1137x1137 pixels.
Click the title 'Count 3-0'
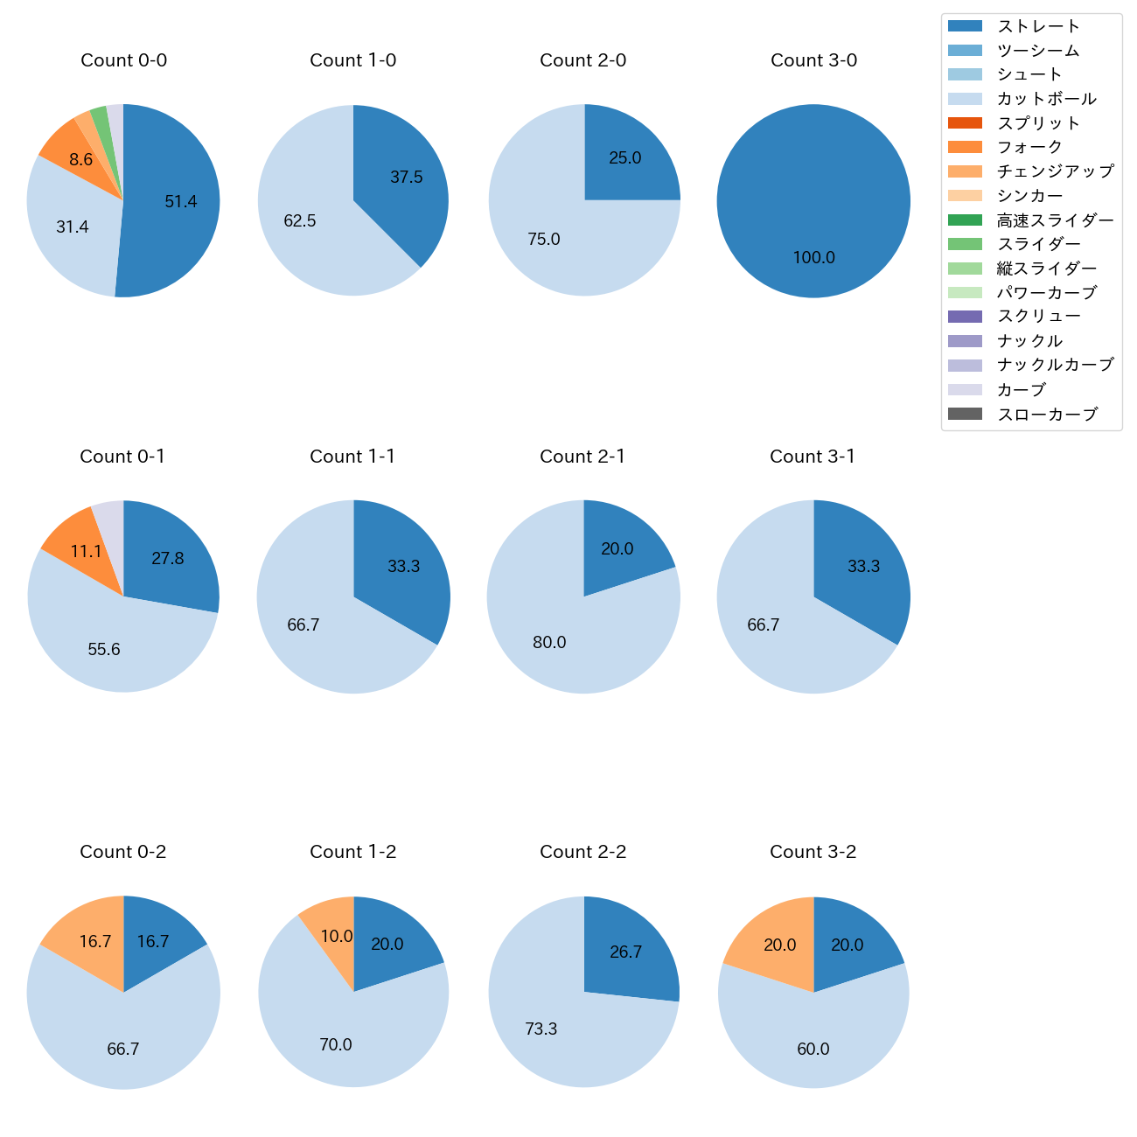click(813, 60)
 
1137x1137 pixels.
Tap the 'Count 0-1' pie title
click(122, 457)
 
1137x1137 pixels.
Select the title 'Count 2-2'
click(583, 852)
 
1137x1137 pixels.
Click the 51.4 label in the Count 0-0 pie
click(181, 202)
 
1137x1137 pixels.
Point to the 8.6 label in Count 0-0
click(81, 160)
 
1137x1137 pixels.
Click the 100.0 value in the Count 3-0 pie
click(814, 258)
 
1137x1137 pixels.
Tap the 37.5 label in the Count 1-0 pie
click(407, 178)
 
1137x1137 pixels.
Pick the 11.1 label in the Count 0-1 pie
click(87, 552)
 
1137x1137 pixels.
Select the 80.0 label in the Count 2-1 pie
click(549, 643)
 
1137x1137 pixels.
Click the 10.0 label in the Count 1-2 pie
click(337, 937)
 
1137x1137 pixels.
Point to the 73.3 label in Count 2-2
click(541, 1029)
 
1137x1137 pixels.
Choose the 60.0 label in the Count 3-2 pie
click(813, 1050)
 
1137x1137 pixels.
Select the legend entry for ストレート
click(1038, 26)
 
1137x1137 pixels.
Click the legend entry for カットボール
click(1046, 99)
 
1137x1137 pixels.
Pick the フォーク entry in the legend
click(1029, 147)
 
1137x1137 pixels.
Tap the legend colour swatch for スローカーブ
click(965, 414)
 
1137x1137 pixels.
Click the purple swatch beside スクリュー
click(965, 317)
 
